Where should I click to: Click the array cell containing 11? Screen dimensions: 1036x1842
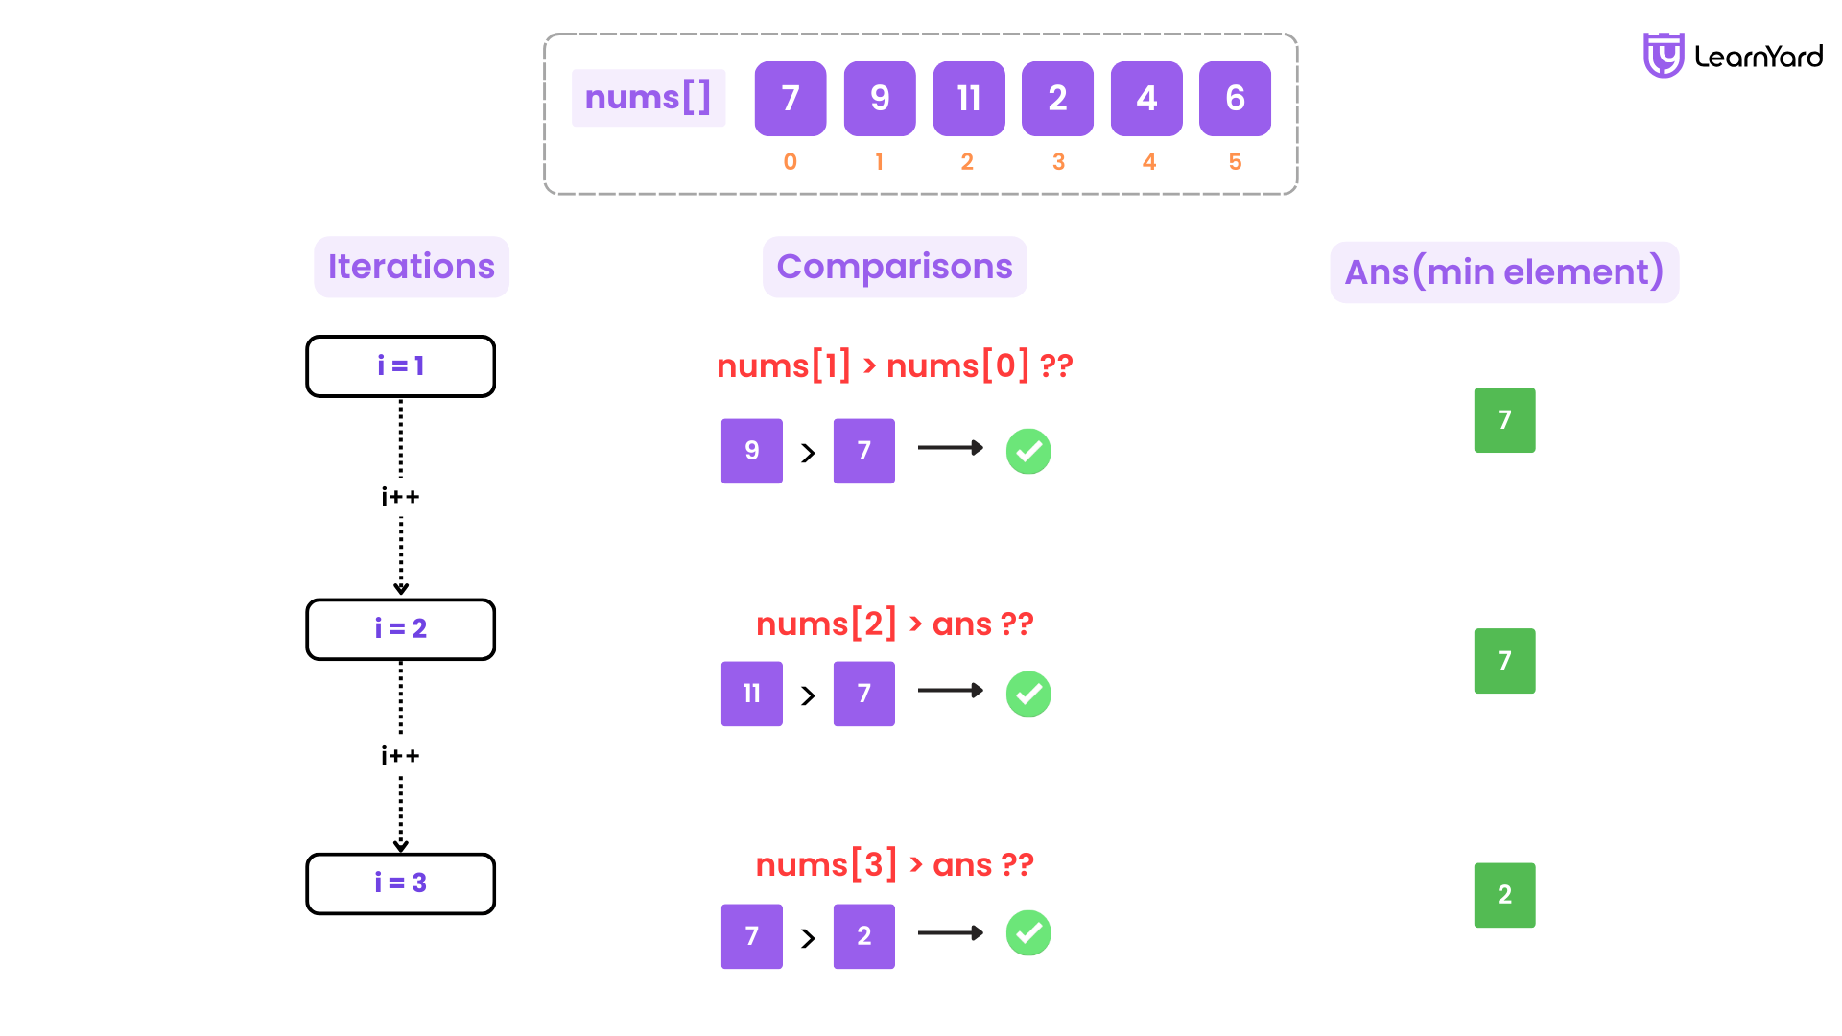click(x=969, y=99)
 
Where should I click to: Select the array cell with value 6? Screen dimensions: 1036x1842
click(x=1235, y=99)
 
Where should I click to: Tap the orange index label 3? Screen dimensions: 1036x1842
click(x=1058, y=162)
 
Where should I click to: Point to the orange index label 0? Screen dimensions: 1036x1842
click(x=790, y=162)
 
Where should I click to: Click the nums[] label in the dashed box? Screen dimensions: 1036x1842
click(x=649, y=98)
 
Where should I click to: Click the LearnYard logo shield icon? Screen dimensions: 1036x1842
click(x=1663, y=56)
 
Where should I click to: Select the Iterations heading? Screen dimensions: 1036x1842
click(x=412, y=267)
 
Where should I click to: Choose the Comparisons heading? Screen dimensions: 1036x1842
click(x=894, y=267)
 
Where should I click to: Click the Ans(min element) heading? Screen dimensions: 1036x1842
click(x=1503, y=272)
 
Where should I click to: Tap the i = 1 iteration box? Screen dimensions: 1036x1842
click(x=400, y=366)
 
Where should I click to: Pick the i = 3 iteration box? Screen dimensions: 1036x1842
click(x=400, y=883)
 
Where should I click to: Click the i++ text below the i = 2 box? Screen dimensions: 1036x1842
click(x=400, y=756)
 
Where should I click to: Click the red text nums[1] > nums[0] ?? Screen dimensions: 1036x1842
click(x=894, y=365)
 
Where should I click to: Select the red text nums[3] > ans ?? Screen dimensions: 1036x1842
click(x=894, y=864)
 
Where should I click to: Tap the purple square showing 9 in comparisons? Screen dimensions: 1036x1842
click(x=751, y=451)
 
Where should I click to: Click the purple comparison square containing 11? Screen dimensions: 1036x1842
click(x=751, y=694)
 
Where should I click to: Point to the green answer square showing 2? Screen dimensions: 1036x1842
click(x=1504, y=895)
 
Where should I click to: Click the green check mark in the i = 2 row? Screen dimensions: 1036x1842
click(x=1028, y=694)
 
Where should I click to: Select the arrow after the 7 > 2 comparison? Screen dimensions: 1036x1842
click(x=950, y=933)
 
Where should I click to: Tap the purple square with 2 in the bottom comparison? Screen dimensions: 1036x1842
click(x=863, y=936)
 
